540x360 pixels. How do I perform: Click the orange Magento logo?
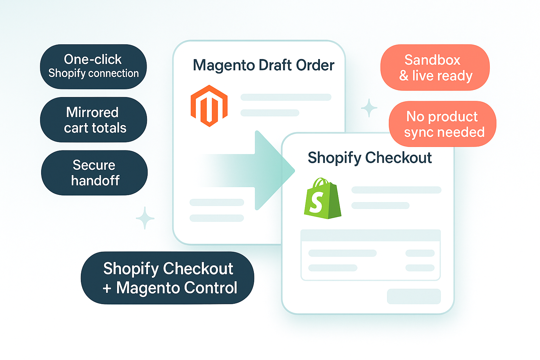coord(209,105)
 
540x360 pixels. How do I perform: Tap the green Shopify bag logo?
coord(322,199)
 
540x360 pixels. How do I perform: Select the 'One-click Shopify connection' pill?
coord(93,66)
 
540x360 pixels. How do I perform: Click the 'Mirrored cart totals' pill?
coord(94,120)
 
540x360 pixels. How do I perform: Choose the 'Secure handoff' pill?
coord(94,173)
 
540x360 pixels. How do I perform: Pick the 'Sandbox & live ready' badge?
coord(435,67)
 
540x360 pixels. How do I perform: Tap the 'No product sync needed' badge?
coord(442,124)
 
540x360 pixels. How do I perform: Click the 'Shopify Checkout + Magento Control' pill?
coord(167,278)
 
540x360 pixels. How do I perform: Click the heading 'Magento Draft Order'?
coord(263,65)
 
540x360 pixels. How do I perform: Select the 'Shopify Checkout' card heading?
coord(369,157)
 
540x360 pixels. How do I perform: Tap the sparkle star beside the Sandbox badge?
coord(369,108)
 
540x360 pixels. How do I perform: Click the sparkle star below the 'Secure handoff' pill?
coord(145,218)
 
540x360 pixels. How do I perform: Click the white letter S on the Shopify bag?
coord(316,203)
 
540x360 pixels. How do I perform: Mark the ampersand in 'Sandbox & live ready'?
coord(404,76)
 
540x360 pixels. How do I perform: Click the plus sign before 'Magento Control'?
coord(107,288)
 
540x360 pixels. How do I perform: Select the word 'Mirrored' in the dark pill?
coord(92,112)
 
